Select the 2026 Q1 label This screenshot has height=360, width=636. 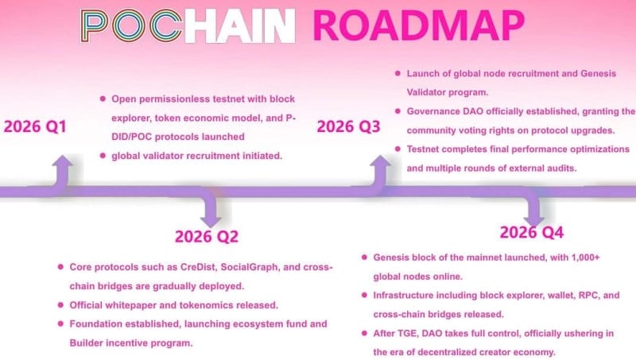tap(35, 127)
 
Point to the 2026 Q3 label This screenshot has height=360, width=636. tap(348, 126)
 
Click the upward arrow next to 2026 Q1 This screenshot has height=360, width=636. tap(63, 171)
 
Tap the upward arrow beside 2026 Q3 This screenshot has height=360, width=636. tap(380, 171)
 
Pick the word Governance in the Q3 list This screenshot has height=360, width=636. tap(436, 111)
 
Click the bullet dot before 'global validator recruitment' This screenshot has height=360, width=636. tap(103, 155)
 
